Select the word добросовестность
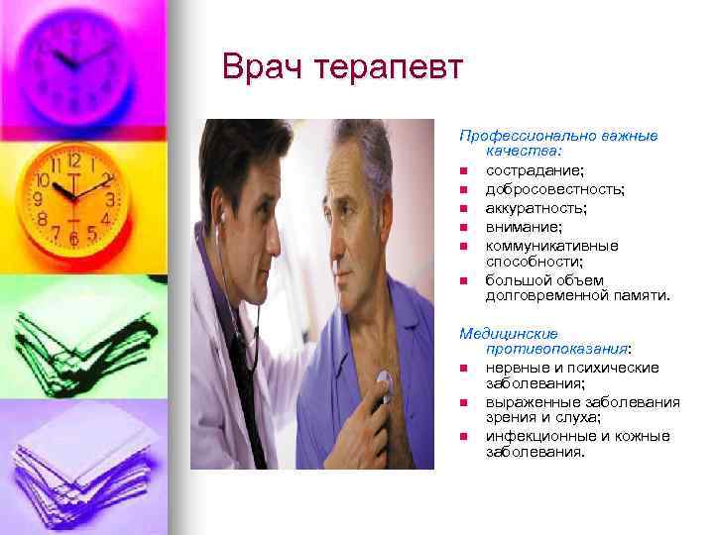pos(554,189)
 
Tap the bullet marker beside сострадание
pos(463,172)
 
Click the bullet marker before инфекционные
pos(463,437)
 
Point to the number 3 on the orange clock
pos(110,199)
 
